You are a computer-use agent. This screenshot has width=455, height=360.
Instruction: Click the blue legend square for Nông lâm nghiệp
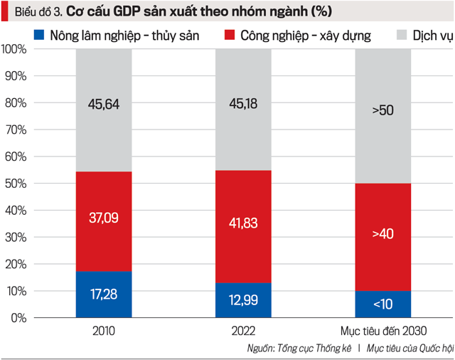coord(40,34)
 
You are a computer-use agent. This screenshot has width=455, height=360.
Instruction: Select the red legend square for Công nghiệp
coord(228,34)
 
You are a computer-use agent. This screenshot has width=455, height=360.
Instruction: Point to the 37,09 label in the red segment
coord(103,217)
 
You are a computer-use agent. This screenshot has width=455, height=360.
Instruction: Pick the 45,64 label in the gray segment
coord(103,104)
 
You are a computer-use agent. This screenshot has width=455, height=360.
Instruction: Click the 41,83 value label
coord(242,223)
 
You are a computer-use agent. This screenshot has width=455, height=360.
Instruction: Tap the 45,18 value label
coord(242,104)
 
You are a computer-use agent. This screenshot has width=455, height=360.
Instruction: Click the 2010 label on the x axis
coord(104,331)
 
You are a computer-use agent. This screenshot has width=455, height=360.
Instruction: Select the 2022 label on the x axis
coord(242,331)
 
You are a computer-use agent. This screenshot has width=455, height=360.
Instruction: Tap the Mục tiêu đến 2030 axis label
coord(383,331)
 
